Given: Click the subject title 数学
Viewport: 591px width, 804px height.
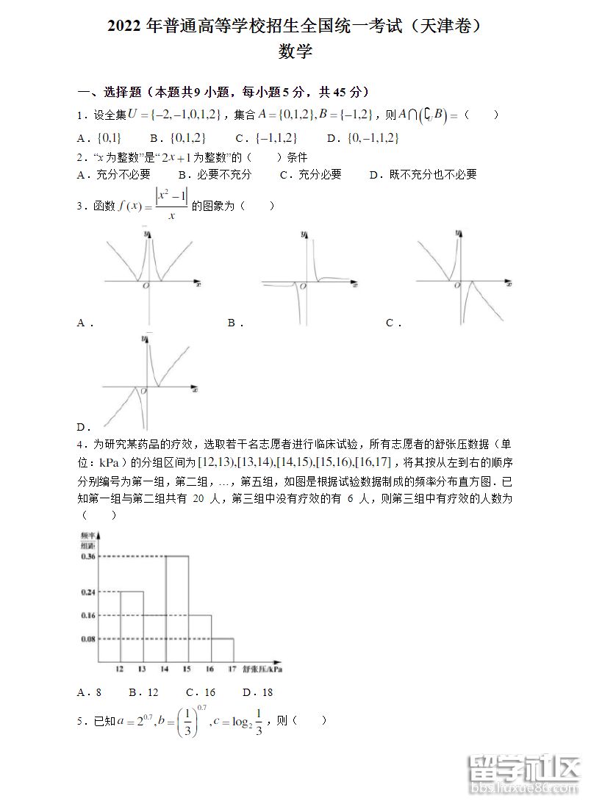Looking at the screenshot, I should point(295,52).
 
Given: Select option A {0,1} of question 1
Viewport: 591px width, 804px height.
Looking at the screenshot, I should point(99,138).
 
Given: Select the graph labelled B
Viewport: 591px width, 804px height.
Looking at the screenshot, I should point(308,279).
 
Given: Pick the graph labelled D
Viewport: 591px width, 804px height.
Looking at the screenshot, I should point(148,382).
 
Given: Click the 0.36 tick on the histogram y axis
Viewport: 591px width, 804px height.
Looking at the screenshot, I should point(88,556).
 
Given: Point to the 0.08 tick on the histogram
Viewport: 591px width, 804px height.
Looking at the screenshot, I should point(88,639).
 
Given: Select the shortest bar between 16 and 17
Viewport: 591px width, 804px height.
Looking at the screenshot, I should point(222,650).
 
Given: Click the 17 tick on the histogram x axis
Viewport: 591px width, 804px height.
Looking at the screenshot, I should point(232,670).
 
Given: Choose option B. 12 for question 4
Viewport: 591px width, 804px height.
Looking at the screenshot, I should point(143,692).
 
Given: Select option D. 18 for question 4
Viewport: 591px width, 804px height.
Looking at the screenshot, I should point(258,692).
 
